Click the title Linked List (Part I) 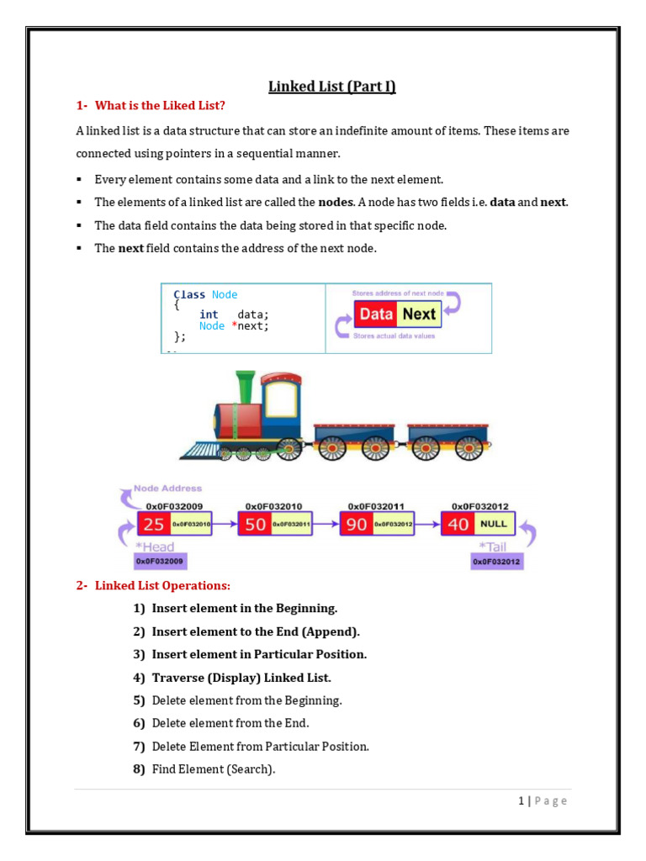pos(331,86)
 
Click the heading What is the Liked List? pos(160,105)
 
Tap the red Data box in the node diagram pos(375,314)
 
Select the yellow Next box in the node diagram pos(418,314)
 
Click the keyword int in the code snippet pos(209,314)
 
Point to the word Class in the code pos(189,294)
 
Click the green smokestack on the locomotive pos(246,386)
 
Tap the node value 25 pos(154,525)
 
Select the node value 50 pos(256,525)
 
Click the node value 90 pos(357,525)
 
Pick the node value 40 pos(459,525)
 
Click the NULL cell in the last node pos(493,524)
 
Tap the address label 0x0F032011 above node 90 pos(376,506)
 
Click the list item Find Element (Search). pos(214,769)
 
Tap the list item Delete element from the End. pos(230,723)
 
